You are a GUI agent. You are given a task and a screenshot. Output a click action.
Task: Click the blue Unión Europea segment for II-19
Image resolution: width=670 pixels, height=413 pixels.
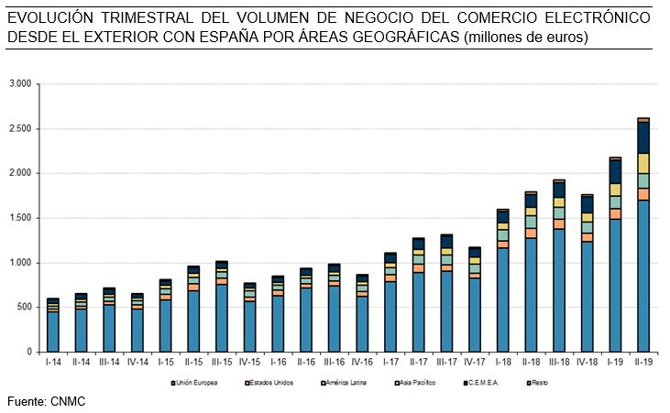[643, 275]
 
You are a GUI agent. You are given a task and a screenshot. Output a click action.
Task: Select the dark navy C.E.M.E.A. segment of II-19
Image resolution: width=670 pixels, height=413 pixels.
[643, 136]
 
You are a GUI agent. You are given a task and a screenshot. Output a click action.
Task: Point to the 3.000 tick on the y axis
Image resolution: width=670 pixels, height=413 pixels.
[20, 84]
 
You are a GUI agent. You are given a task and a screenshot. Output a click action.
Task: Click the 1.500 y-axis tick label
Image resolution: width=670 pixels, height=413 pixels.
[20, 219]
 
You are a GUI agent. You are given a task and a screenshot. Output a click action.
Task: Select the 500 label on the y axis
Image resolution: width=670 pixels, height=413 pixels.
[24, 308]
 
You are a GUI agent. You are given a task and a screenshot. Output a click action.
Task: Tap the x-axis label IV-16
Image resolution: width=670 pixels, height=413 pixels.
[362, 363]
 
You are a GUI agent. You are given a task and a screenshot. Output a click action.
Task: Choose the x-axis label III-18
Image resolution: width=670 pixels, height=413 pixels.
[558, 363]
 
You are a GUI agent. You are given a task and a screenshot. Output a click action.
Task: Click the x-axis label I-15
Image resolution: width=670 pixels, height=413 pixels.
[165, 363]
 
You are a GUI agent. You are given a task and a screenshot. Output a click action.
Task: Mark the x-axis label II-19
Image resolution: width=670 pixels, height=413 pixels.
[643, 363]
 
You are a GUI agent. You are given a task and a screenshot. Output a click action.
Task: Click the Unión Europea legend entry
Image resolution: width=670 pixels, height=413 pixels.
[193, 382]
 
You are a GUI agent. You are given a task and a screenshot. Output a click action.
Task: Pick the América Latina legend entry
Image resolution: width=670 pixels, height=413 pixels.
[345, 382]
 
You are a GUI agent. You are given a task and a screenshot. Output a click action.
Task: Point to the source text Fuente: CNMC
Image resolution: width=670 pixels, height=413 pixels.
[46, 401]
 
